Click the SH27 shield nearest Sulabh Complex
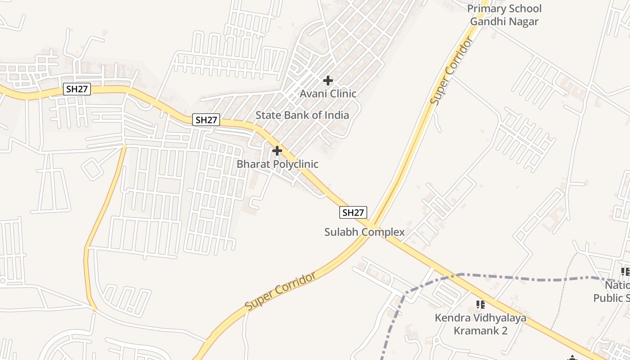click(353, 212)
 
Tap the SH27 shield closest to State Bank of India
click(207, 120)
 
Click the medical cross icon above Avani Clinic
click(328, 81)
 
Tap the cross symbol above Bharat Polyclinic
click(277, 151)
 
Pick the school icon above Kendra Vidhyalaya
click(481, 305)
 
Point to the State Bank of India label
click(302, 115)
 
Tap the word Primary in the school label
click(487, 9)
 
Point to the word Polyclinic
click(291, 164)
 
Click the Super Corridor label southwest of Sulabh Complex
click(281, 291)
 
